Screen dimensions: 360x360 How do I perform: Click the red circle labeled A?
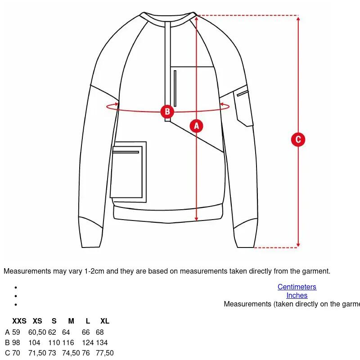pyautogui.click(x=196, y=126)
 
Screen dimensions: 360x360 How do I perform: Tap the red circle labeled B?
pyautogui.click(x=167, y=112)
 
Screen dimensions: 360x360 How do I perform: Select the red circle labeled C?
pyautogui.click(x=298, y=139)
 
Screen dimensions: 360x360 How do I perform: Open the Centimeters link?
pyautogui.click(x=297, y=287)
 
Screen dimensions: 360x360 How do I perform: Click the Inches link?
pyautogui.click(x=297, y=295)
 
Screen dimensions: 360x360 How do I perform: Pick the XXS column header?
pyautogui.click(x=19, y=321)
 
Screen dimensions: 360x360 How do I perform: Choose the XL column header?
pyautogui.click(x=105, y=321)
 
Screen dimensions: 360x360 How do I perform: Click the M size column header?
pyautogui.click(x=71, y=321)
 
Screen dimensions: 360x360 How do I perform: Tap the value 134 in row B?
pyautogui.click(x=102, y=342)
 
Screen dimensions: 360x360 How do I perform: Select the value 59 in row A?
pyautogui.click(x=16, y=332)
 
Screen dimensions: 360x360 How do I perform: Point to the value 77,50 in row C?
pyautogui.click(x=105, y=353)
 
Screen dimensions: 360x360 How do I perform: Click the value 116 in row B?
pyautogui.click(x=68, y=342)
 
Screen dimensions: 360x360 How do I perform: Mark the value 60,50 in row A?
pyautogui.click(x=37, y=332)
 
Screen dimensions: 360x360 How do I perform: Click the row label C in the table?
pyautogui.click(x=7, y=353)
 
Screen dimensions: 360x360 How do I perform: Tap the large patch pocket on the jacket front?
pyautogui.click(x=128, y=172)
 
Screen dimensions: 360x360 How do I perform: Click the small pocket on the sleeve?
pyautogui.click(x=243, y=106)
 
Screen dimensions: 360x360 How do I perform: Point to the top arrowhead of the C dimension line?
pyautogui.click(x=298, y=19)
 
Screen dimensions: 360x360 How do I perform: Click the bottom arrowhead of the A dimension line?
pyautogui.click(x=196, y=218)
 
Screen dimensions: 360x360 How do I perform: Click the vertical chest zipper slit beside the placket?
pyautogui.click(x=175, y=88)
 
